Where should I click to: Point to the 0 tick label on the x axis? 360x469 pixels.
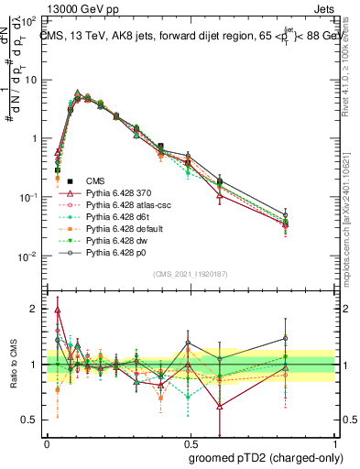[x=47, y=442]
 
